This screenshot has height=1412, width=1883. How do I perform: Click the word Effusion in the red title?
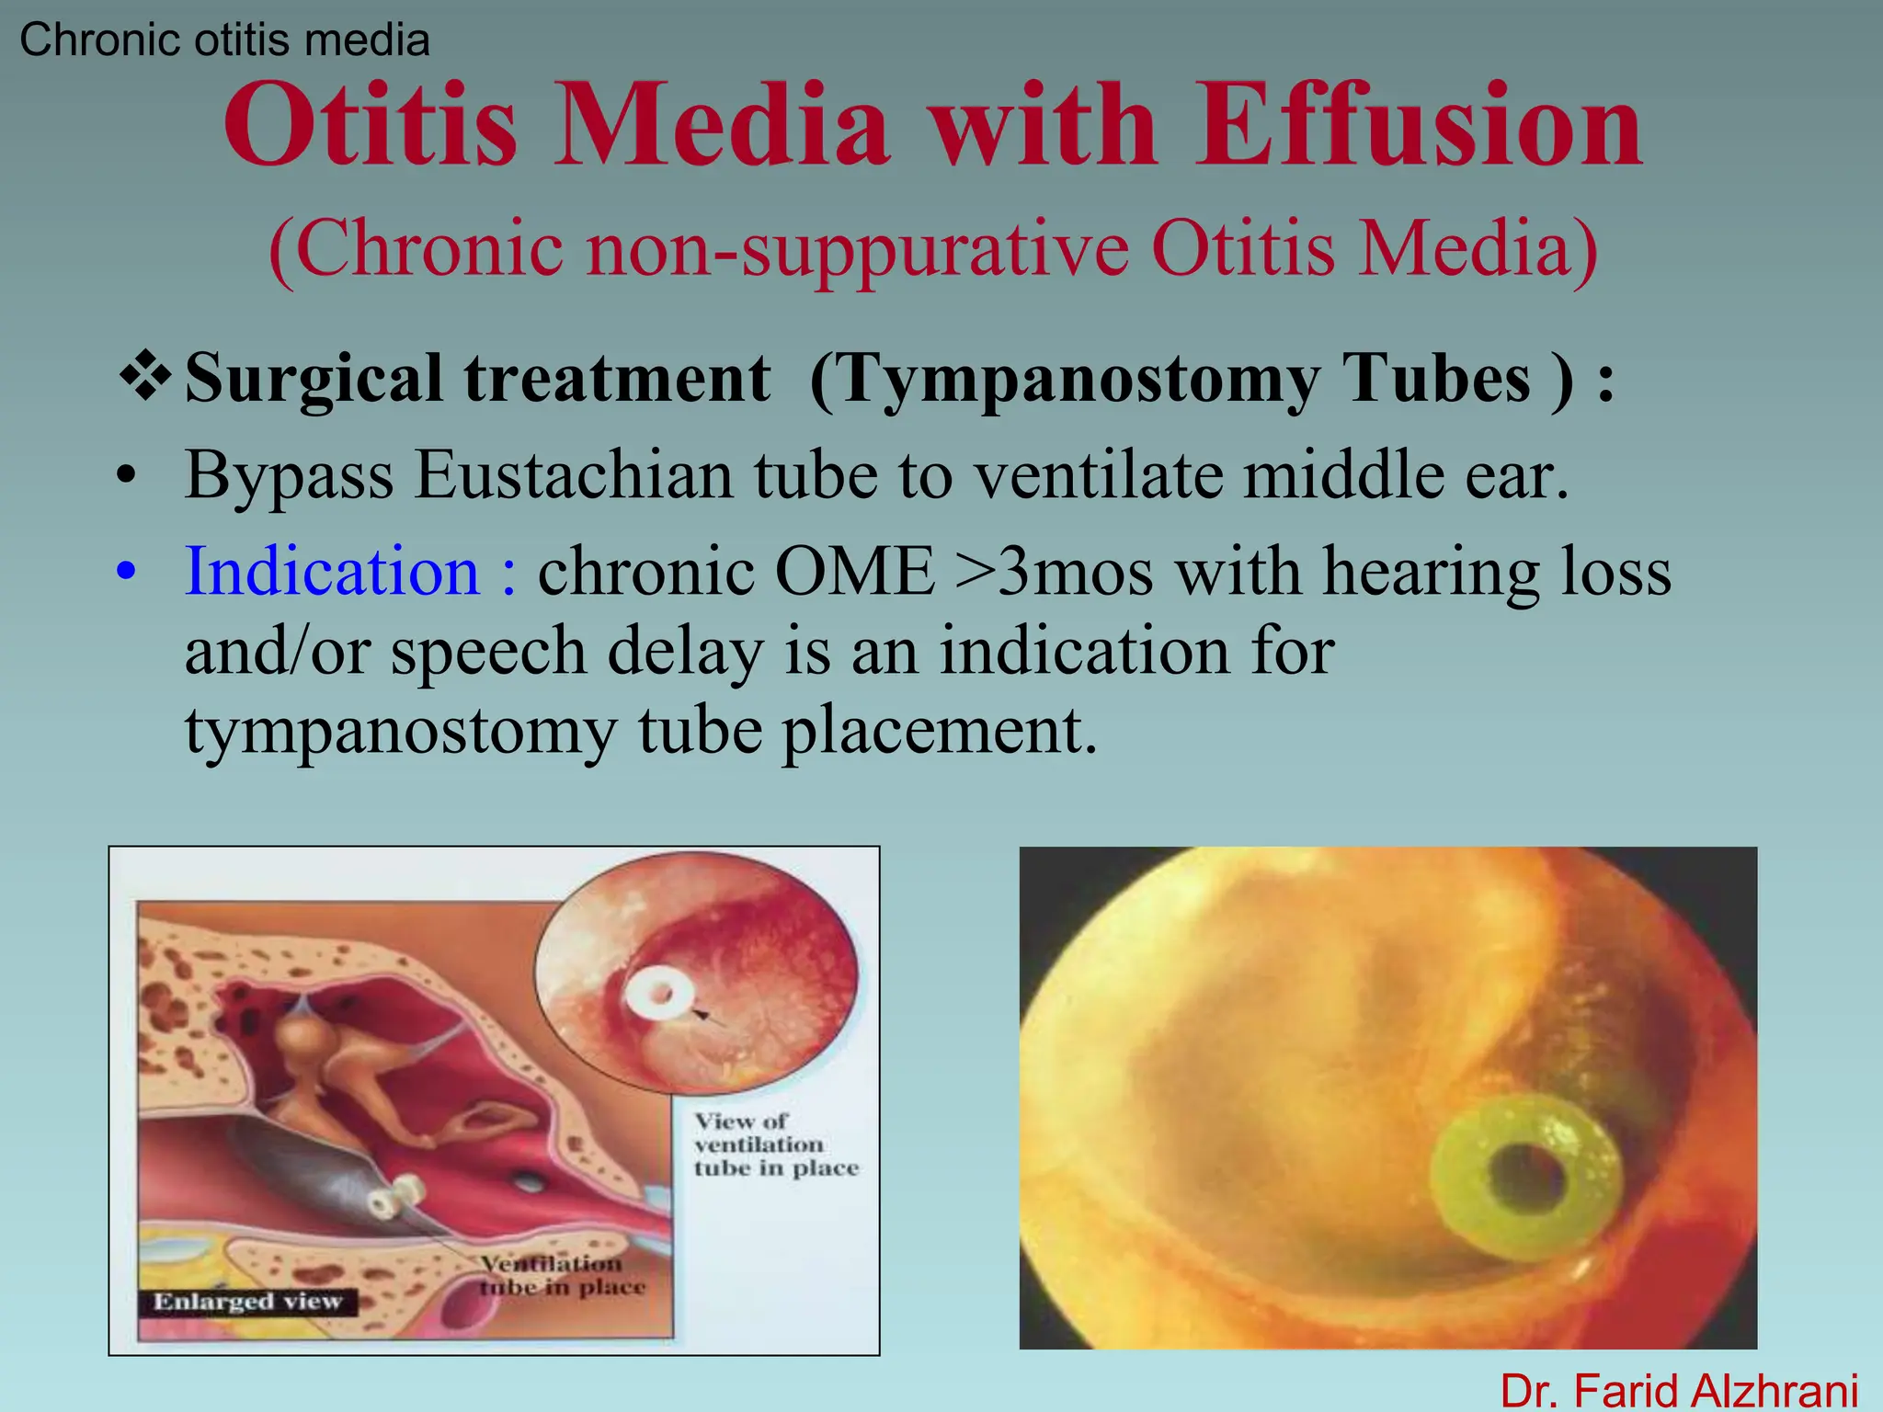click(1419, 126)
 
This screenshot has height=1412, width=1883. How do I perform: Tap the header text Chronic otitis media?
click(224, 40)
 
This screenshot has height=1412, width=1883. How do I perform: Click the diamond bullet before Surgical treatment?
click(145, 377)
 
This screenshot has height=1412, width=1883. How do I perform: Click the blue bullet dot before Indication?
click(127, 573)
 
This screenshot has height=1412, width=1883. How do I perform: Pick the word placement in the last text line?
click(940, 731)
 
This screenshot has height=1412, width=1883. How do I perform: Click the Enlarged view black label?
click(247, 1302)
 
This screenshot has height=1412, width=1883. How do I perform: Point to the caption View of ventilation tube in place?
click(774, 1144)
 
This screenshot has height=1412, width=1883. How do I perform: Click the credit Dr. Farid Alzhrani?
click(1679, 1390)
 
